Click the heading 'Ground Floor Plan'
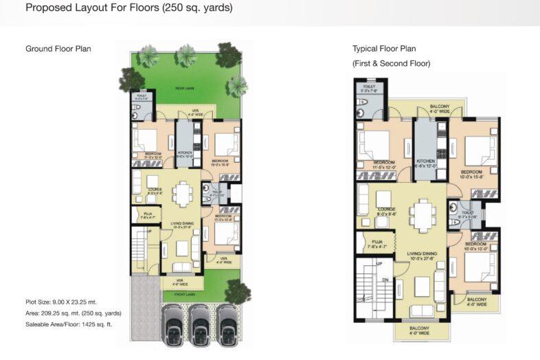[x=58, y=49]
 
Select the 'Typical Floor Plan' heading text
[x=384, y=49]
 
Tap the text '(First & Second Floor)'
[x=391, y=63]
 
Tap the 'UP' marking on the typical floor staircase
[x=378, y=264]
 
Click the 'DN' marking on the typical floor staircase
[x=387, y=280]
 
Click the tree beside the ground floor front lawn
[x=237, y=291]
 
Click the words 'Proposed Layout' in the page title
[x=56, y=9]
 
